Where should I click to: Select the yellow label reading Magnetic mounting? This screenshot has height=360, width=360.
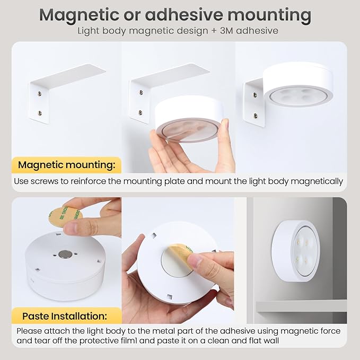66,165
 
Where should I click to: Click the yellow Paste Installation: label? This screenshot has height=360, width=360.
65,316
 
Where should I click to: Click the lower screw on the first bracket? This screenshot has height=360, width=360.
40,113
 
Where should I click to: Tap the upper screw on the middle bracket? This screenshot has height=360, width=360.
141,93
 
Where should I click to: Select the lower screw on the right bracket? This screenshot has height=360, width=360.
256,116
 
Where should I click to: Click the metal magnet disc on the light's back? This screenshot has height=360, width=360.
65,254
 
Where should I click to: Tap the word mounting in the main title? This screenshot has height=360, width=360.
269,15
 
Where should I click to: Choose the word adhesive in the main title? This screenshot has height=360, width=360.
183,15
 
